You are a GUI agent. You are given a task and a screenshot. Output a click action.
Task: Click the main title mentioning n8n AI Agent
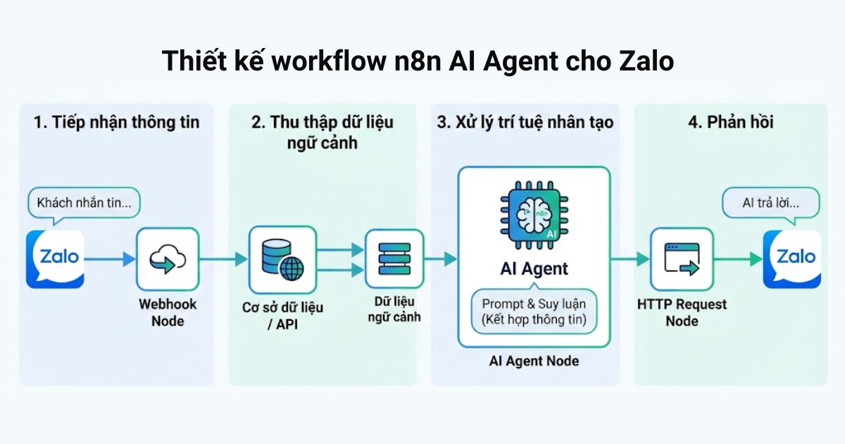(x=418, y=61)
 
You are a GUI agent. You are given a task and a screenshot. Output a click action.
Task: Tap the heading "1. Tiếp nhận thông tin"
(x=117, y=122)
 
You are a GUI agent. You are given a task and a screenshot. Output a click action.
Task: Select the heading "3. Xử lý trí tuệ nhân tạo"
(x=525, y=122)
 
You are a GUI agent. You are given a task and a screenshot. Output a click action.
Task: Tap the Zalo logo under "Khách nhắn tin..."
(x=56, y=259)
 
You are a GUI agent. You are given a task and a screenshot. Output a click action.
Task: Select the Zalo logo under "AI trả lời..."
(x=792, y=259)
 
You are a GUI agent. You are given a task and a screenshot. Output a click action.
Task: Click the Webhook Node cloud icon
(x=168, y=259)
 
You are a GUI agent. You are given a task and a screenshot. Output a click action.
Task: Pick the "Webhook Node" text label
(x=168, y=312)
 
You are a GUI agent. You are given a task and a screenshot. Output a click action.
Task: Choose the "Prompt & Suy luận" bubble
(x=534, y=312)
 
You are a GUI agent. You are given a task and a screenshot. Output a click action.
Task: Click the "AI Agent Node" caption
(x=534, y=361)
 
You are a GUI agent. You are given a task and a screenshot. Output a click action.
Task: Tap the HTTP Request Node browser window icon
(x=682, y=259)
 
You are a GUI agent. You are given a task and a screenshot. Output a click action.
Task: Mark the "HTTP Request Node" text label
(x=682, y=312)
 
